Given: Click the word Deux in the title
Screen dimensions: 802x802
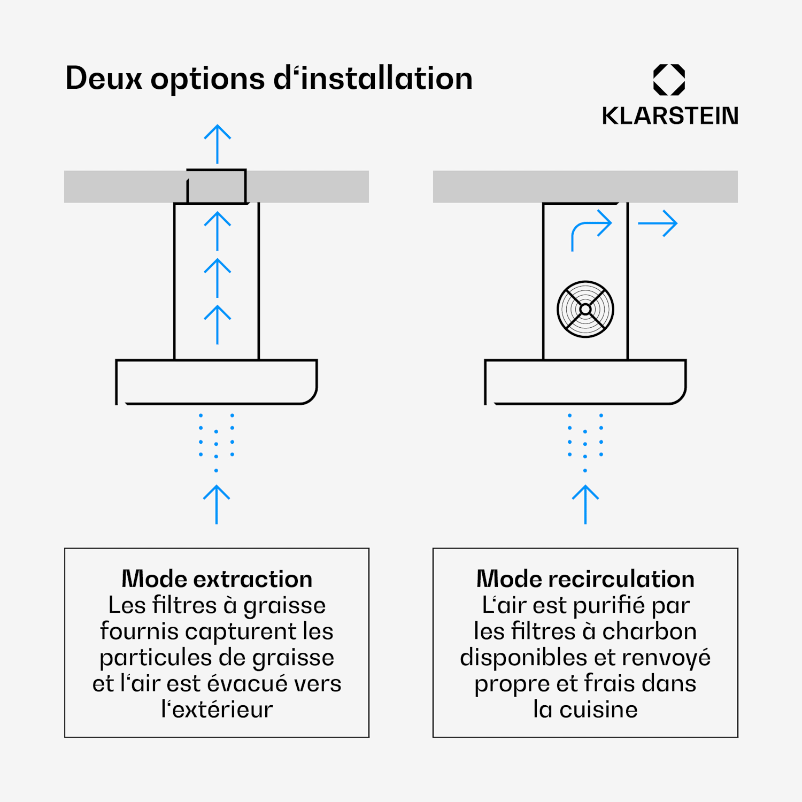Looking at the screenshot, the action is point(104,78).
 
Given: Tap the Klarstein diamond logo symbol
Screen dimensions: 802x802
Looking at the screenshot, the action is point(669,80).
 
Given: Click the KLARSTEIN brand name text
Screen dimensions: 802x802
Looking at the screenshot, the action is point(670,116).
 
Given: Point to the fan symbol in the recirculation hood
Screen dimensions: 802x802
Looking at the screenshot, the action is point(585,309).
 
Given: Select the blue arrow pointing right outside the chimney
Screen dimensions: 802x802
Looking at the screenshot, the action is point(658,223).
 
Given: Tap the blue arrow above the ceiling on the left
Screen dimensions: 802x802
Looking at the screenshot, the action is point(218,144).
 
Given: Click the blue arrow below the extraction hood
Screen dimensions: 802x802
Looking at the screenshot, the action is point(217,504).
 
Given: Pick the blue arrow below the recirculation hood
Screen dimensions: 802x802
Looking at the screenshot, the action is point(585,504).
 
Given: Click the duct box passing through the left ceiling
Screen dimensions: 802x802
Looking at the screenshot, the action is point(217,187).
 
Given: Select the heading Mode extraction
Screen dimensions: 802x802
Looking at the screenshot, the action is point(217,579).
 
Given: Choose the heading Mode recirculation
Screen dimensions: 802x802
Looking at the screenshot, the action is point(585,579).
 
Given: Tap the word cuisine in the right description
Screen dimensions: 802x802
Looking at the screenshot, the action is point(598,710).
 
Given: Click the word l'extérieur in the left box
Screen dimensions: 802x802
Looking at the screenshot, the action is point(217,710).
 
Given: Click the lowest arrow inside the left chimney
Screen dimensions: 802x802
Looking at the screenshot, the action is point(218,325).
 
